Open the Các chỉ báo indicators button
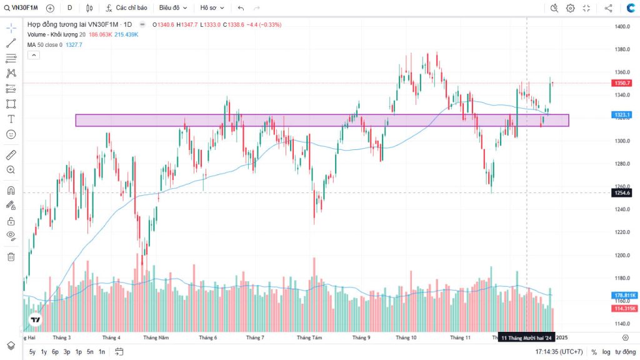[x=127, y=8]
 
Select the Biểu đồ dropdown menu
[x=172, y=8]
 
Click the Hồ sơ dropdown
[x=211, y=8]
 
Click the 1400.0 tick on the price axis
[x=621, y=27]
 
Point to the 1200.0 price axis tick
[x=621, y=255]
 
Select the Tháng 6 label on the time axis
[x=207, y=337]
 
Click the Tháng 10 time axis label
[x=406, y=337]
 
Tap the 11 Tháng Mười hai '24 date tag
[x=527, y=337]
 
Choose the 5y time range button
[x=32, y=352]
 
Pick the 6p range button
[x=55, y=352]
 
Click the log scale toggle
[x=606, y=352]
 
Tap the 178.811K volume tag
[x=624, y=295]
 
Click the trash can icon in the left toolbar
[x=11, y=256]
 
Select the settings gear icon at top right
[x=571, y=8]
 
